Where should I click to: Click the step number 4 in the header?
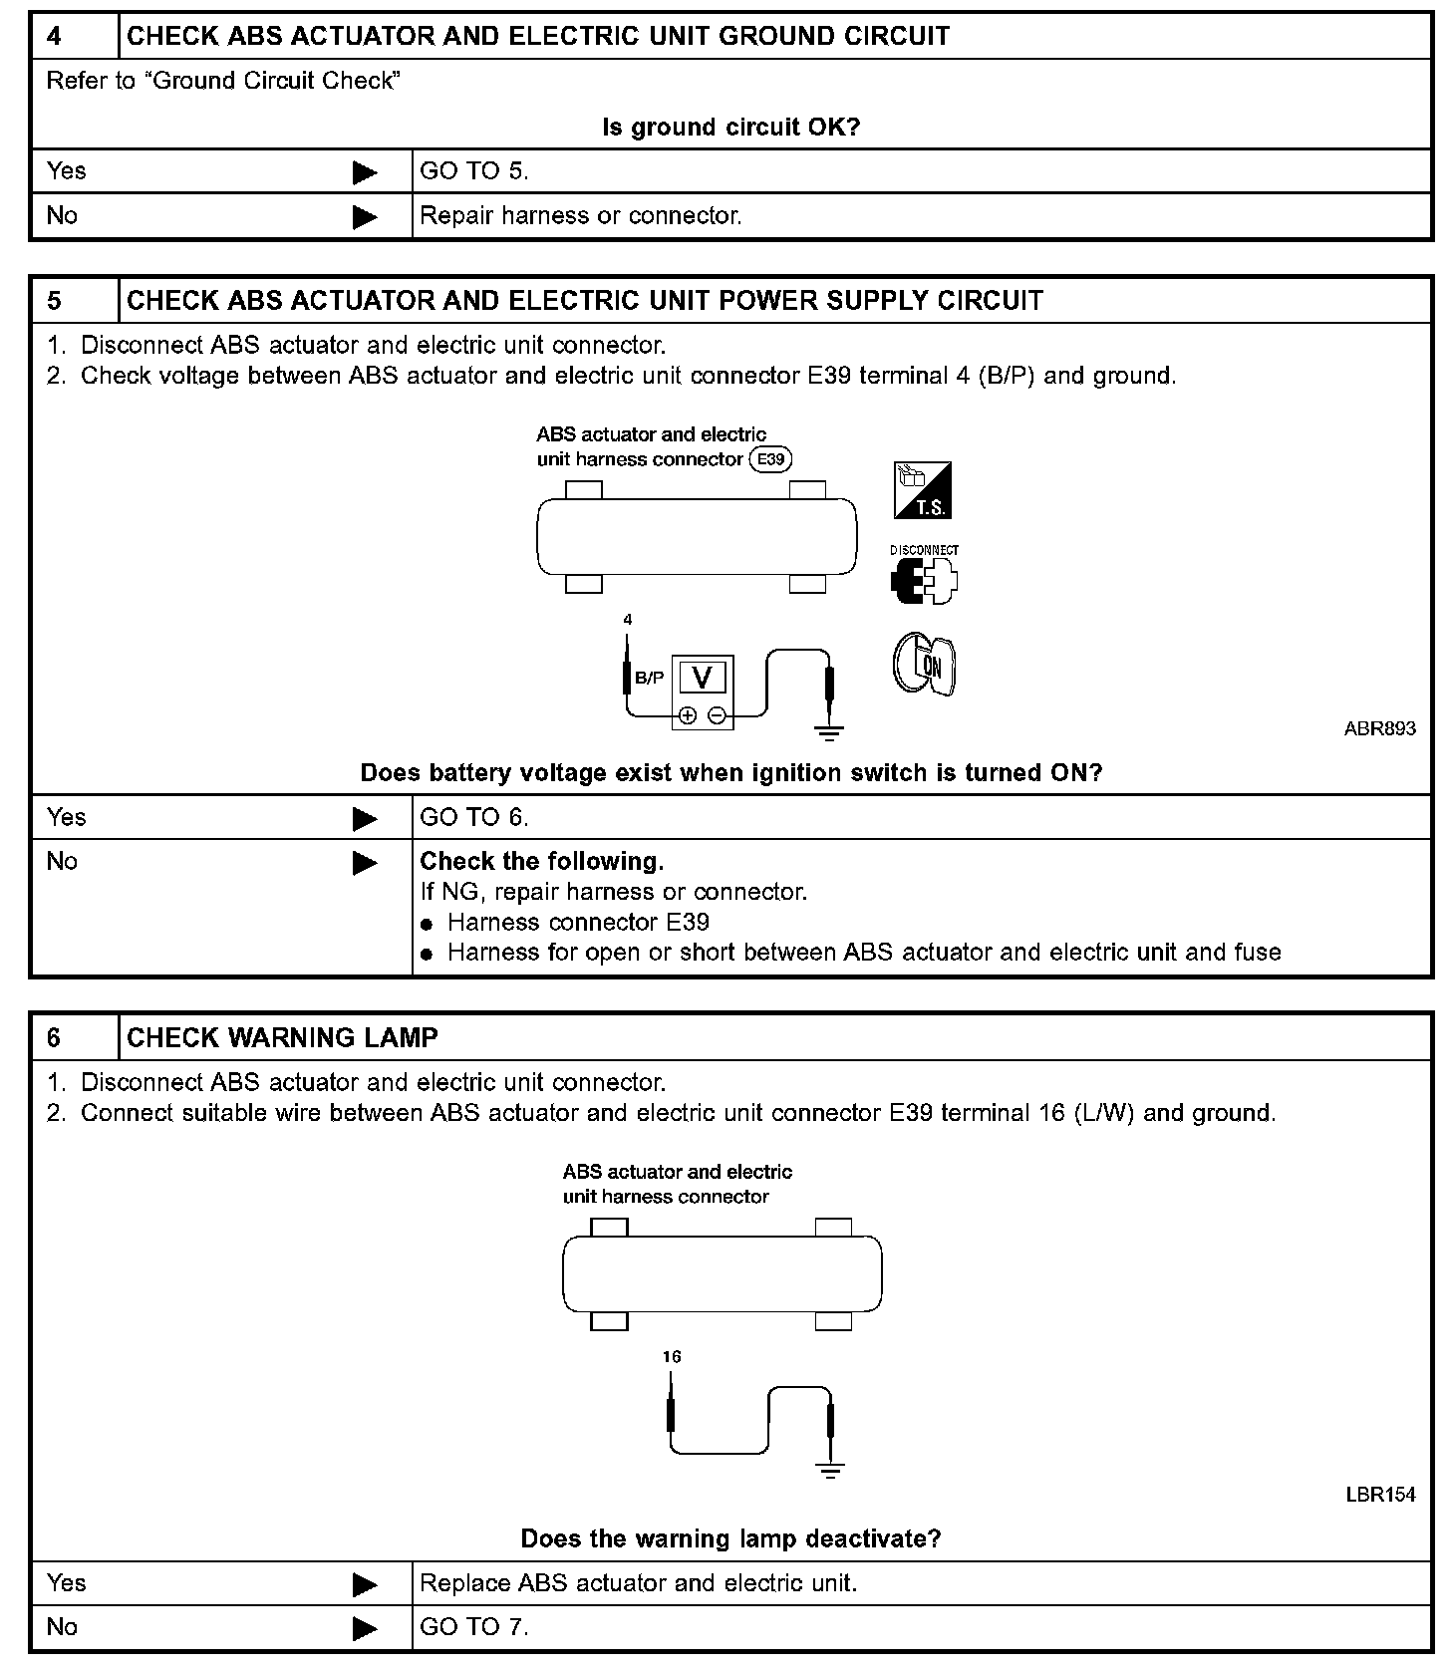pyautogui.click(x=54, y=37)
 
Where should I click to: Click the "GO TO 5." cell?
pyautogui.click(x=474, y=171)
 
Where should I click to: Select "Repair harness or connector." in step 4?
pyautogui.click(x=581, y=216)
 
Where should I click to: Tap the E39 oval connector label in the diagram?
pyautogui.click(x=770, y=459)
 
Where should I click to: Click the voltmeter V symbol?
pyautogui.click(x=703, y=678)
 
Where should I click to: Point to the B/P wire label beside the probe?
pyautogui.click(x=650, y=678)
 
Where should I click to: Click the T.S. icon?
pyautogui.click(x=923, y=490)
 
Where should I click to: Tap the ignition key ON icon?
pyautogui.click(x=924, y=664)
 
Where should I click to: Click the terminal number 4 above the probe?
pyautogui.click(x=628, y=620)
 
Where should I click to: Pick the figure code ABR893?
pyautogui.click(x=1379, y=728)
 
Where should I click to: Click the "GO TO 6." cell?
pyautogui.click(x=474, y=818)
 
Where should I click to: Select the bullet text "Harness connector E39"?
pyautogui.click(x=578, y=923)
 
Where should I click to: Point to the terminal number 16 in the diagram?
pyautogui.click(x=672, y=1357)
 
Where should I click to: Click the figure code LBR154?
pyautogui.click(x=1380, y=1495)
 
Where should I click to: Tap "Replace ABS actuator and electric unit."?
pyautogui.click(x=639, y=1583)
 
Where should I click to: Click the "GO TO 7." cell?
pyautogui.click(x=474, y=1627)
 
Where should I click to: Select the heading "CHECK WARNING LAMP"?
pyautogui.click(x=282, y=1038)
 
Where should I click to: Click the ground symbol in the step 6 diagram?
pyautogui.click(x=830, y=1470)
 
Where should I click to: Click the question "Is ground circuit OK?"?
pyautogui.click(x=730, y=128)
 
